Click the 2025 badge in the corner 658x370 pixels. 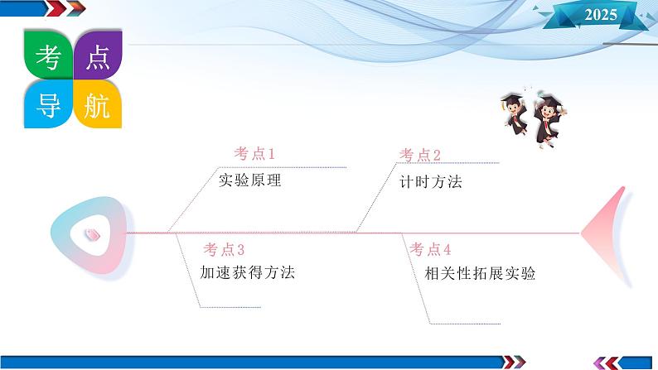(601, 14)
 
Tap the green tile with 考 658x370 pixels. (48, 56)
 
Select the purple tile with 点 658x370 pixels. (98, 56)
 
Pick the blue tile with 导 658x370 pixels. (48, 104)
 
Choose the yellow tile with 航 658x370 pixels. (98, 104)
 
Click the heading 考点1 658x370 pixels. (254, 154)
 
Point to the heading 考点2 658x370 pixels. (420, 155)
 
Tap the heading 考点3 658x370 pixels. (225, 249)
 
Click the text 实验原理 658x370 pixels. (249, 180)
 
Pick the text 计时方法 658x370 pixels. (430, 182)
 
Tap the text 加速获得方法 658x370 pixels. (248, 271)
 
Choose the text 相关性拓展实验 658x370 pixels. (474, 273)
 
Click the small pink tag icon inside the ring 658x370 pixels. (91, 234)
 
